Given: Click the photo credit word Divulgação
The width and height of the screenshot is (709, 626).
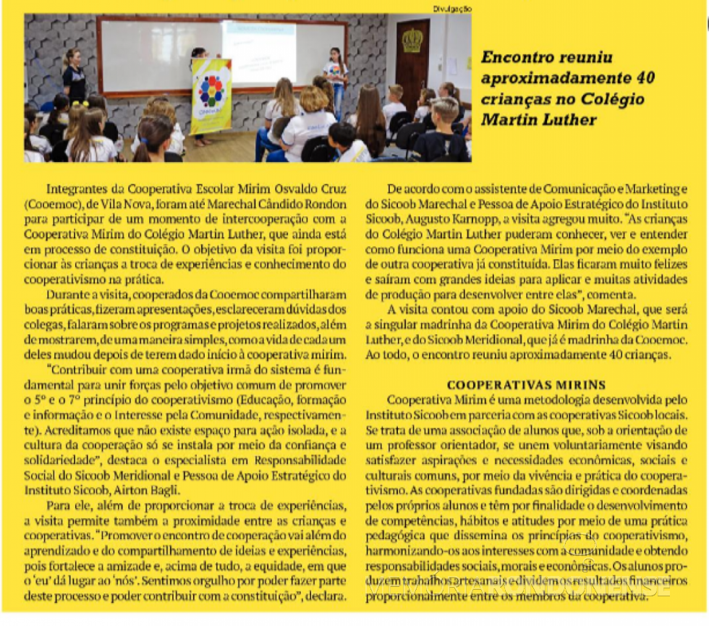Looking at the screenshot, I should pyautogui.click(x=452, y=8).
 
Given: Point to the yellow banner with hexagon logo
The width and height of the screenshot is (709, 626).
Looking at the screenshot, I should pyautogui.click(x=211, y=97).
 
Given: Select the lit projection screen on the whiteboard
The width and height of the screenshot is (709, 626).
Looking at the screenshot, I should pyautogui.click(x=259, y=51).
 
